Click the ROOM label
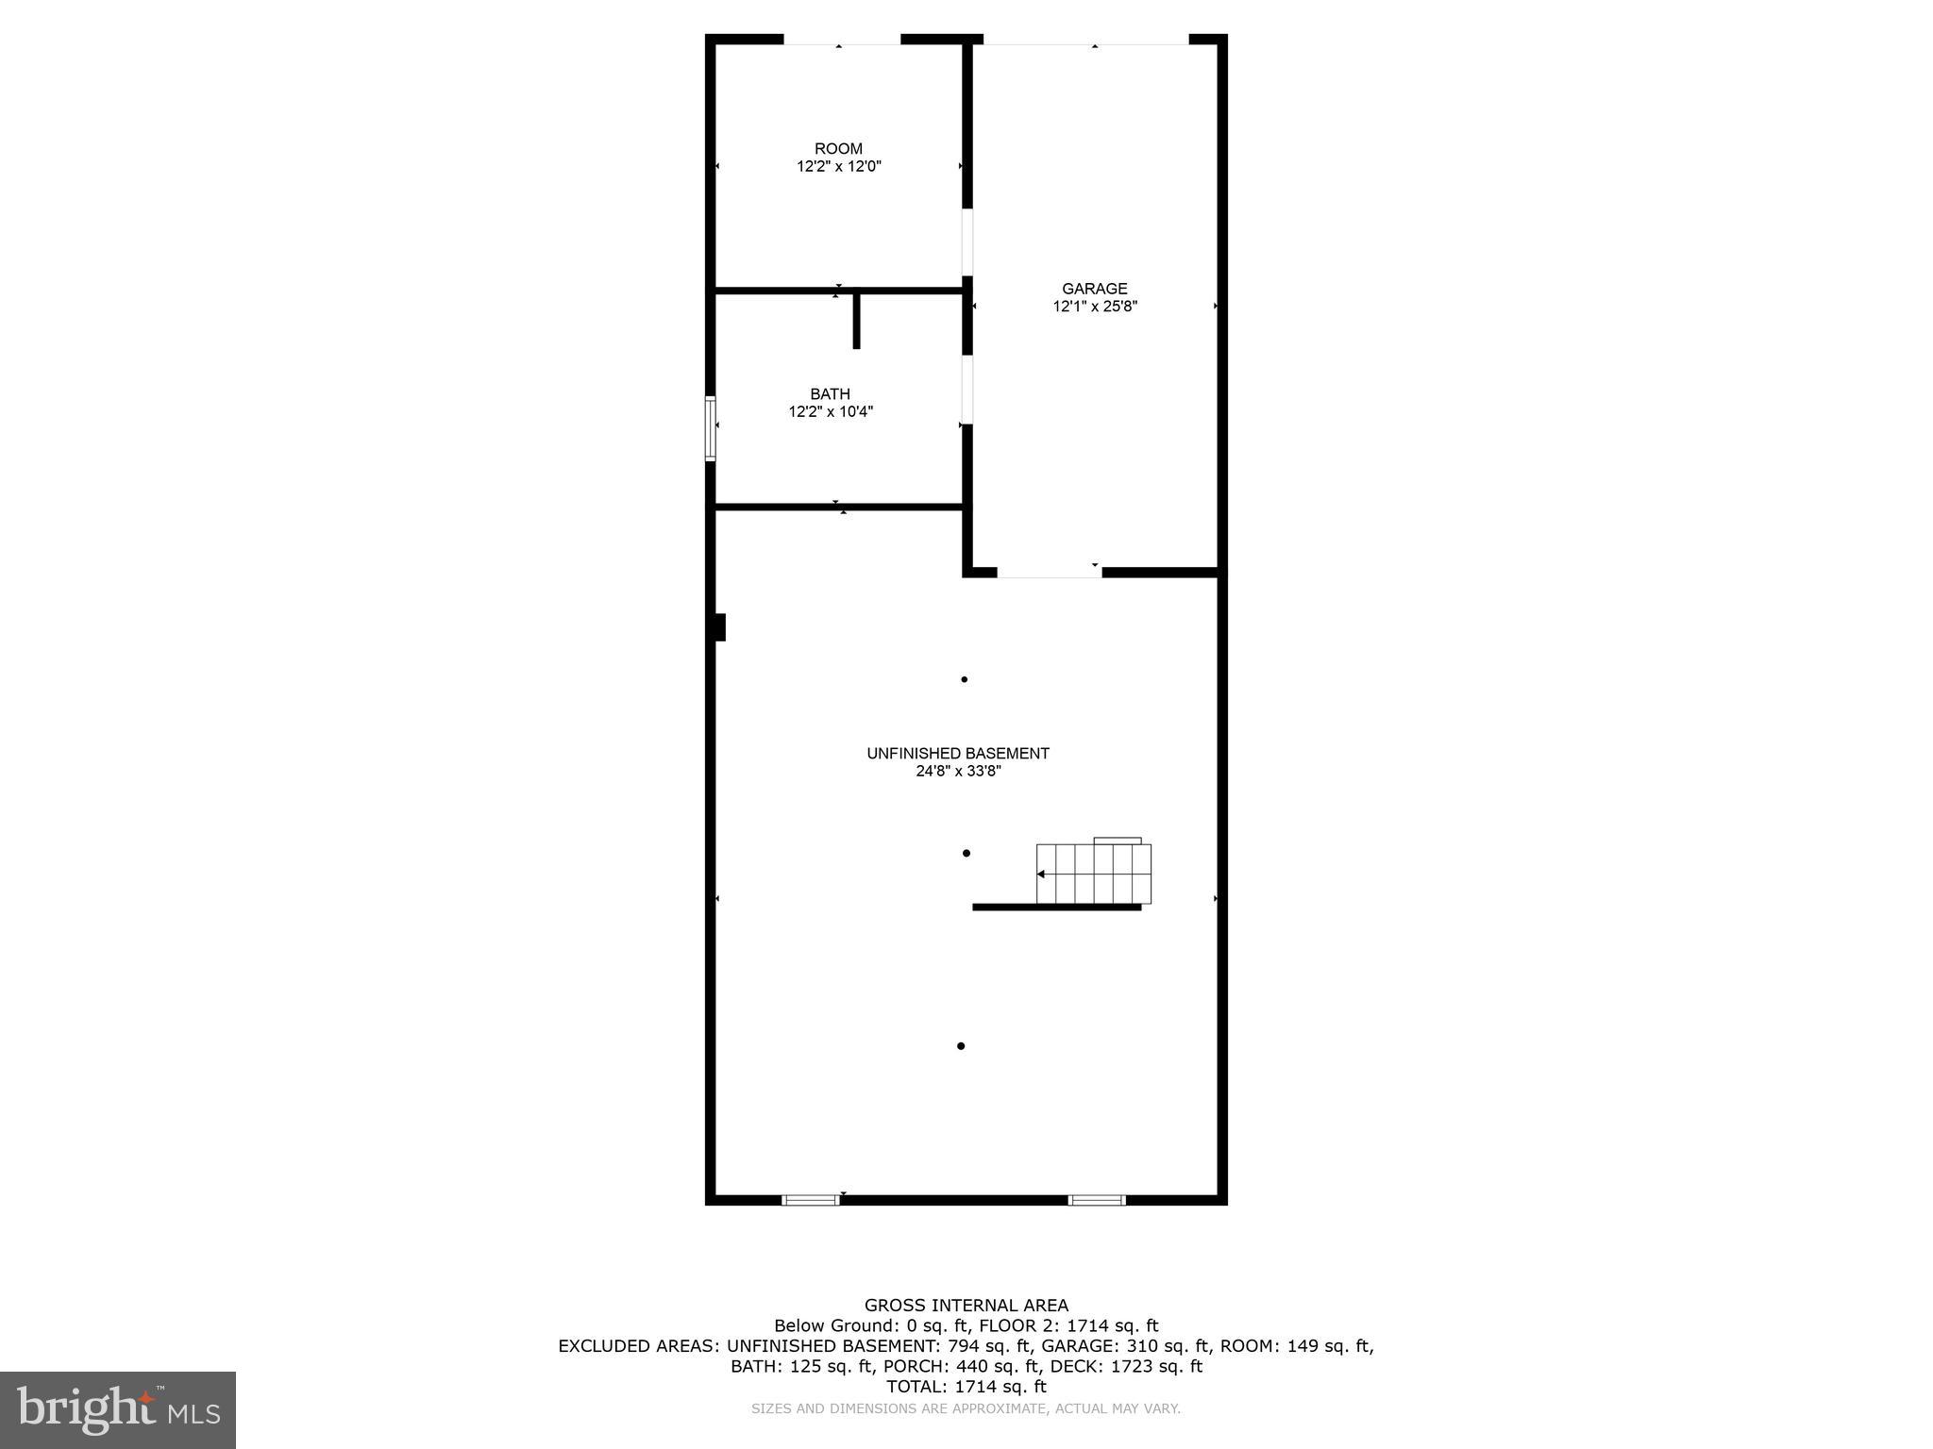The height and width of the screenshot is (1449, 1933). [x=838, y=149]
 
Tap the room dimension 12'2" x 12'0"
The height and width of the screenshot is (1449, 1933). [x=838, y=167]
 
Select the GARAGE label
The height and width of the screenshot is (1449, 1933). [x=1094, y=290]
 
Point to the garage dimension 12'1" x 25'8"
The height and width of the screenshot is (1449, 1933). [x=1094, y=307]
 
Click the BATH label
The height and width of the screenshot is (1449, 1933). [x=830, y=394]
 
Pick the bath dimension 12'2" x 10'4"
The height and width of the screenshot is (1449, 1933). [x=831, y=412]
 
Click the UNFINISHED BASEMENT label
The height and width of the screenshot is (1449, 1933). [x=957, y=754]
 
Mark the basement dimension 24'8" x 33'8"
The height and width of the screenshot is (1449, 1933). [x=957, y=772]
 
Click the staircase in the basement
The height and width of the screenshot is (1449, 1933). [x=1093, y=874]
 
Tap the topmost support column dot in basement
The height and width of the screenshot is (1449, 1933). [x=964, y=679]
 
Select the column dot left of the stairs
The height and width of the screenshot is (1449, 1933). [x=966, y=854]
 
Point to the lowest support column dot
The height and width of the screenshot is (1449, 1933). [x=961, y=1046]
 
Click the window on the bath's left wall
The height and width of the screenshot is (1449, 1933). [x=711, y=428]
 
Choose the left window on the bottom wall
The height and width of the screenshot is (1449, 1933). [x=810, y=1200]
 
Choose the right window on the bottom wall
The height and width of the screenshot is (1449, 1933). [x=1096, y=1200]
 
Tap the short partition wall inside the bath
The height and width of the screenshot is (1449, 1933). [x=856, y=321]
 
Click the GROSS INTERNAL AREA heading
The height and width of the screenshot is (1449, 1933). [x=966, y=1306]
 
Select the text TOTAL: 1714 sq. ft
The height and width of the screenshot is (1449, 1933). [x=966, y=1387]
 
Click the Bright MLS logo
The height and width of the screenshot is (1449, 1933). [x=118, y=1409]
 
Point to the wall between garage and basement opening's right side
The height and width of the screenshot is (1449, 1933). [x=1160, y=572]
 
